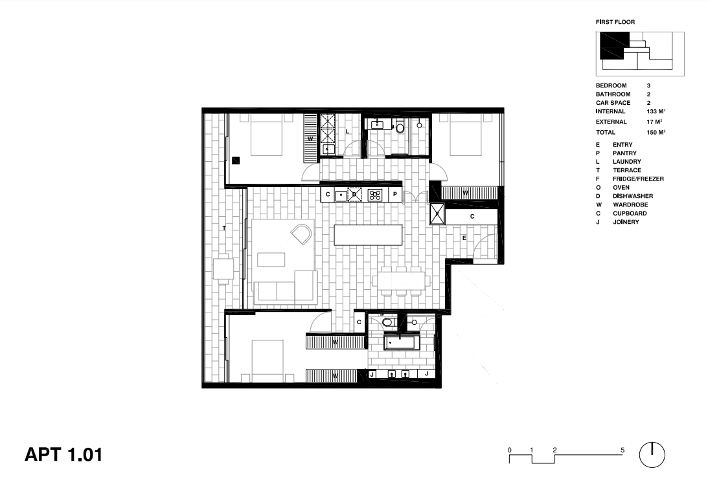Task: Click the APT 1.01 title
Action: [x=63, y=454]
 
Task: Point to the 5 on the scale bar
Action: [x=622, y=450]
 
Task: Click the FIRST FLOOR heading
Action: [x=615, y=21]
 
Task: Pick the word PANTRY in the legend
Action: [x=624, y=153]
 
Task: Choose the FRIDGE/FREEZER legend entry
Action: [x=638, y=179]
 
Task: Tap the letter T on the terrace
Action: [x=224, y=228]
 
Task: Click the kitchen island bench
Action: [x=368, y=235]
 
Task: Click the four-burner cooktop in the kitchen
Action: [x=375, y=195]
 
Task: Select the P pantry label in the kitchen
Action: [x=395, y=194]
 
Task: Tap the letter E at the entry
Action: [x=464, y=237]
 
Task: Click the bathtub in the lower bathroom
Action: [x=402, y=342]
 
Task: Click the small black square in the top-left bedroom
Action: [x=236, y=160]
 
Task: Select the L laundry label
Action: [x=347, y=131]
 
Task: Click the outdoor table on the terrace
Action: [x=223, y=269]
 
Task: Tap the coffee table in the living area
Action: [x=271, y=260]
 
